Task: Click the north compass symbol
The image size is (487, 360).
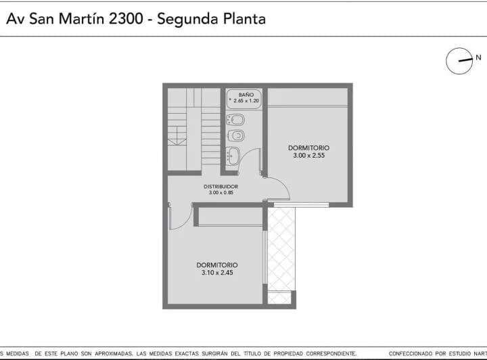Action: click(458, 61)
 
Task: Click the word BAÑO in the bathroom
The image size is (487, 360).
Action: click(246, 95)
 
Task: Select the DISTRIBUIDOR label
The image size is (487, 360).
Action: click(221, 186)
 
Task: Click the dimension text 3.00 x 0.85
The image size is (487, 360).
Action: click(221, 193)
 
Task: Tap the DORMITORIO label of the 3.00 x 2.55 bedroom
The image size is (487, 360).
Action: click(308, 148)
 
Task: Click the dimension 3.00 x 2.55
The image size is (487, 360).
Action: click(308, 156)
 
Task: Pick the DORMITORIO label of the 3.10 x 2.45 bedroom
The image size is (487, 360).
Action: click(217, 265)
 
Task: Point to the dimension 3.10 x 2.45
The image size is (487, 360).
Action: click(217, 273)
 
